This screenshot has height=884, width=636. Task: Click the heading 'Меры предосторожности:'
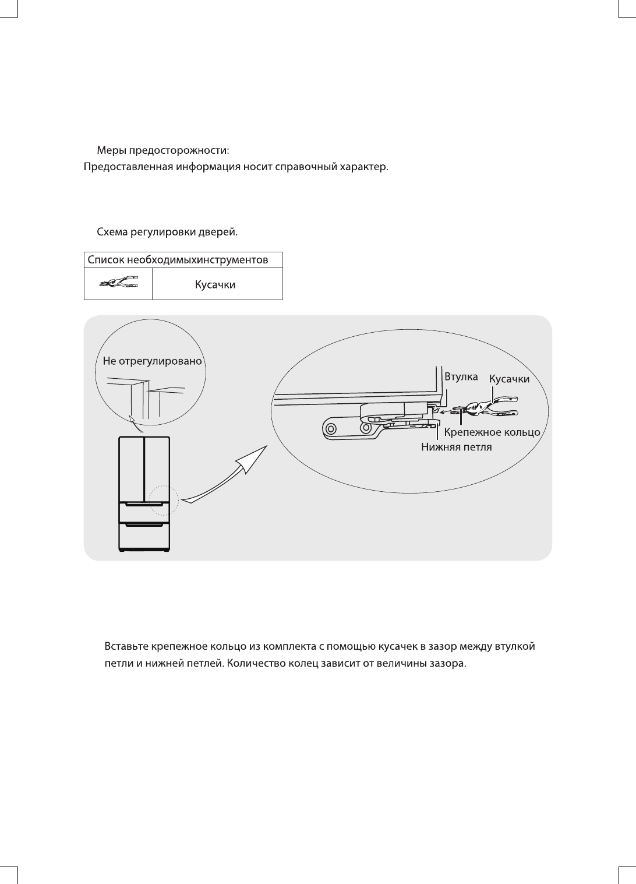point(162,150)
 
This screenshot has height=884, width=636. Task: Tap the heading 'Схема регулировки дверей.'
point(167,232)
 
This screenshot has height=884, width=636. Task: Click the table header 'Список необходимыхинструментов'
point(177,260)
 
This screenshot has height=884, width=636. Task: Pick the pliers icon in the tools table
point(118,284)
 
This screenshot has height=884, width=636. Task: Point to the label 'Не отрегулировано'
point(152,361)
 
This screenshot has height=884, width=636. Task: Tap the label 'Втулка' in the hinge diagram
point(461,377)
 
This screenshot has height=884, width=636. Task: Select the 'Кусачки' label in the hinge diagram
point(509,379)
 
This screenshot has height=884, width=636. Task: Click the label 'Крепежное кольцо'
point(493,432)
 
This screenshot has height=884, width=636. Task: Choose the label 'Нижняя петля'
point(457,448)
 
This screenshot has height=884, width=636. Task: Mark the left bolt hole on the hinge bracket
point(330,429)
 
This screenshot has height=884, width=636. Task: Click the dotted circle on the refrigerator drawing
point(162,501)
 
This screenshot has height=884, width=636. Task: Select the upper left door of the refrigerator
point(131,469)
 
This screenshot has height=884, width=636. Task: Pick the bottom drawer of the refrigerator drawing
point(144,536)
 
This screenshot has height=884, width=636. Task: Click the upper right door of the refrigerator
point(157,469)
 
